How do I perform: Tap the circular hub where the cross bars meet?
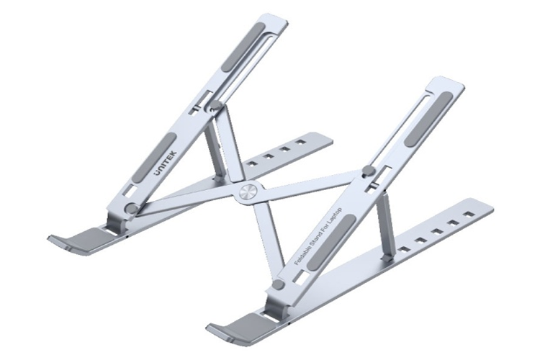pyautogui.click(x=247, y=193)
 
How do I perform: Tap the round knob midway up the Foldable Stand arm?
pyautogui.click(x=367, y=171)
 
